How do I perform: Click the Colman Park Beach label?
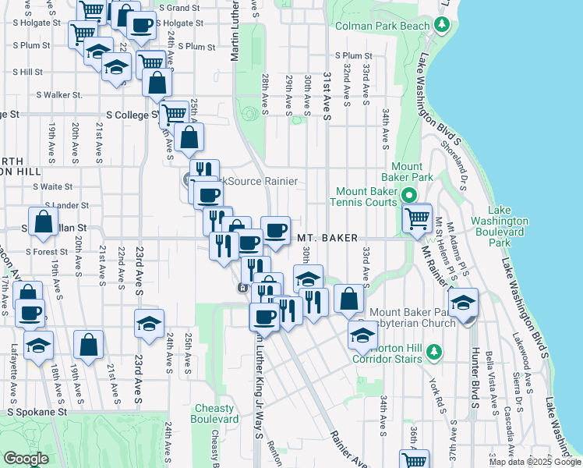[x=382, y=26]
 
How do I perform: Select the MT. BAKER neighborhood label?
[x=327, y=237]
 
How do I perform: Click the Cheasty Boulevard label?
[x=214, y=413]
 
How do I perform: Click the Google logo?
[x=26, y=459]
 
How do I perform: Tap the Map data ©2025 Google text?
[x=535, y=462]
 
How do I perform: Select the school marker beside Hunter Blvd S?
[x=464, y=303]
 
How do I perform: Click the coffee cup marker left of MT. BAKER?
[x=275, y=229]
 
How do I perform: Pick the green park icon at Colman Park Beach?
[x=443, y=26]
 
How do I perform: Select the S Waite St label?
[x=52, y=186]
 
